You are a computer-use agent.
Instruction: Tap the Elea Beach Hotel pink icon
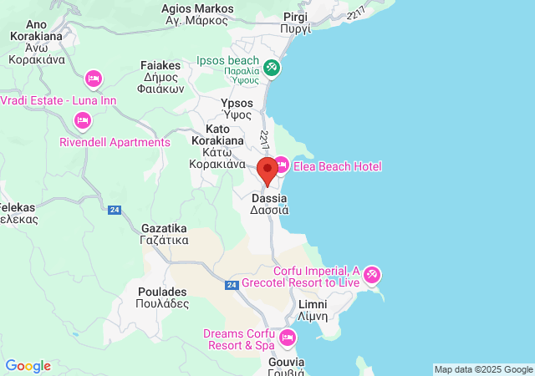pyautogui.click(x=282, y=165)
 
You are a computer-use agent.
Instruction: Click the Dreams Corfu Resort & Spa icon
pyautogui.click(x=288, y=338)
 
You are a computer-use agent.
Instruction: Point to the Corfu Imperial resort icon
pyautogui.click(x=372, y=273)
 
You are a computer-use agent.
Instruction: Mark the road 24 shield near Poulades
pyautogui.click(x=231, y=285)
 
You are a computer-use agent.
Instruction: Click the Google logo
pyautogui.click(x=28, y=366)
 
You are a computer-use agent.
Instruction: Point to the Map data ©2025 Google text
pyautogui.click(x=482, y=369)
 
